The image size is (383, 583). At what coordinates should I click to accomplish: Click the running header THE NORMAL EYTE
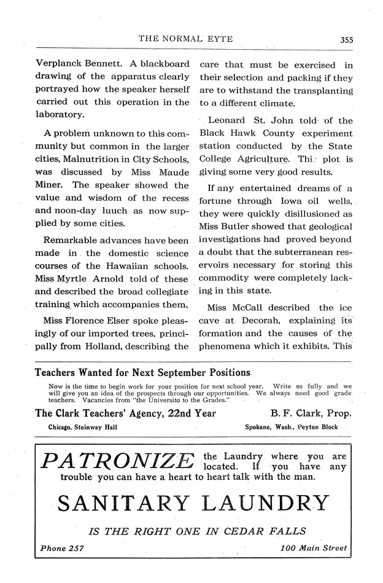pyautogui.click(x=185, y=38)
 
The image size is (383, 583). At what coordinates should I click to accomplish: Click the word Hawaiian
pyautogui.click(x=125, y=266)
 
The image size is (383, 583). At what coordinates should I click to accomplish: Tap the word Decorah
pyautogui.click(x=247, y=320)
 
